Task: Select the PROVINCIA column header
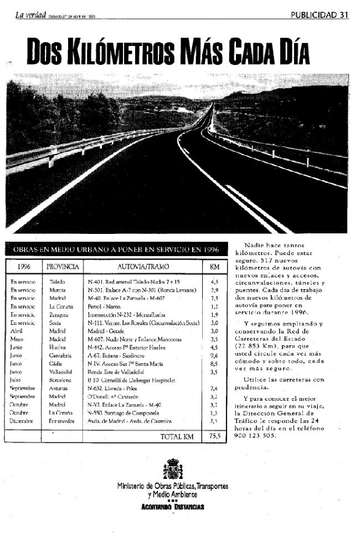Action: click(x=63, y=267)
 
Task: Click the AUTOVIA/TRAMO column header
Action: click(x=143, y=267)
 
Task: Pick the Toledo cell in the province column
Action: click(x=58, y=282)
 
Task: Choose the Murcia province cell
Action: click(x=58, y=290)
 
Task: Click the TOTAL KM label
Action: click(x=177, y=437)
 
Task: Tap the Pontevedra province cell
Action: click(x=61, y=421)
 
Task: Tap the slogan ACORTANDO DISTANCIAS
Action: click(x=173, y=506)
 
